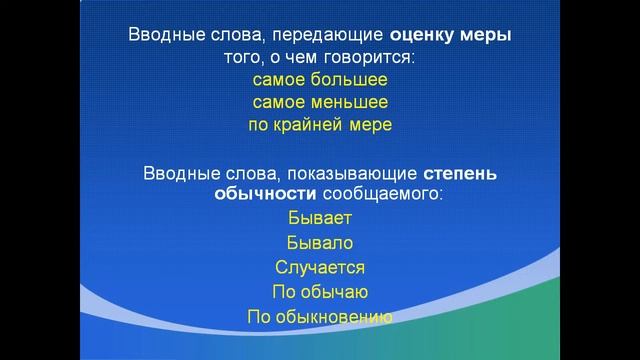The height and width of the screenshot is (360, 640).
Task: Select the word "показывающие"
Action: coord(347,172)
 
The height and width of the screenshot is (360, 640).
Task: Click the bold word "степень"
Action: coord(465,172)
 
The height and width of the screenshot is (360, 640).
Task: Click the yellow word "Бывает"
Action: coord(319,217)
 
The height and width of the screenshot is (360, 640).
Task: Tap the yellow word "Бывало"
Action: coord(319,242)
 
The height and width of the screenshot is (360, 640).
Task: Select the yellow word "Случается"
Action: coord(319,267)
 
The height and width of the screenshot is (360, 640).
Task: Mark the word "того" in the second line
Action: coord(243,57)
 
